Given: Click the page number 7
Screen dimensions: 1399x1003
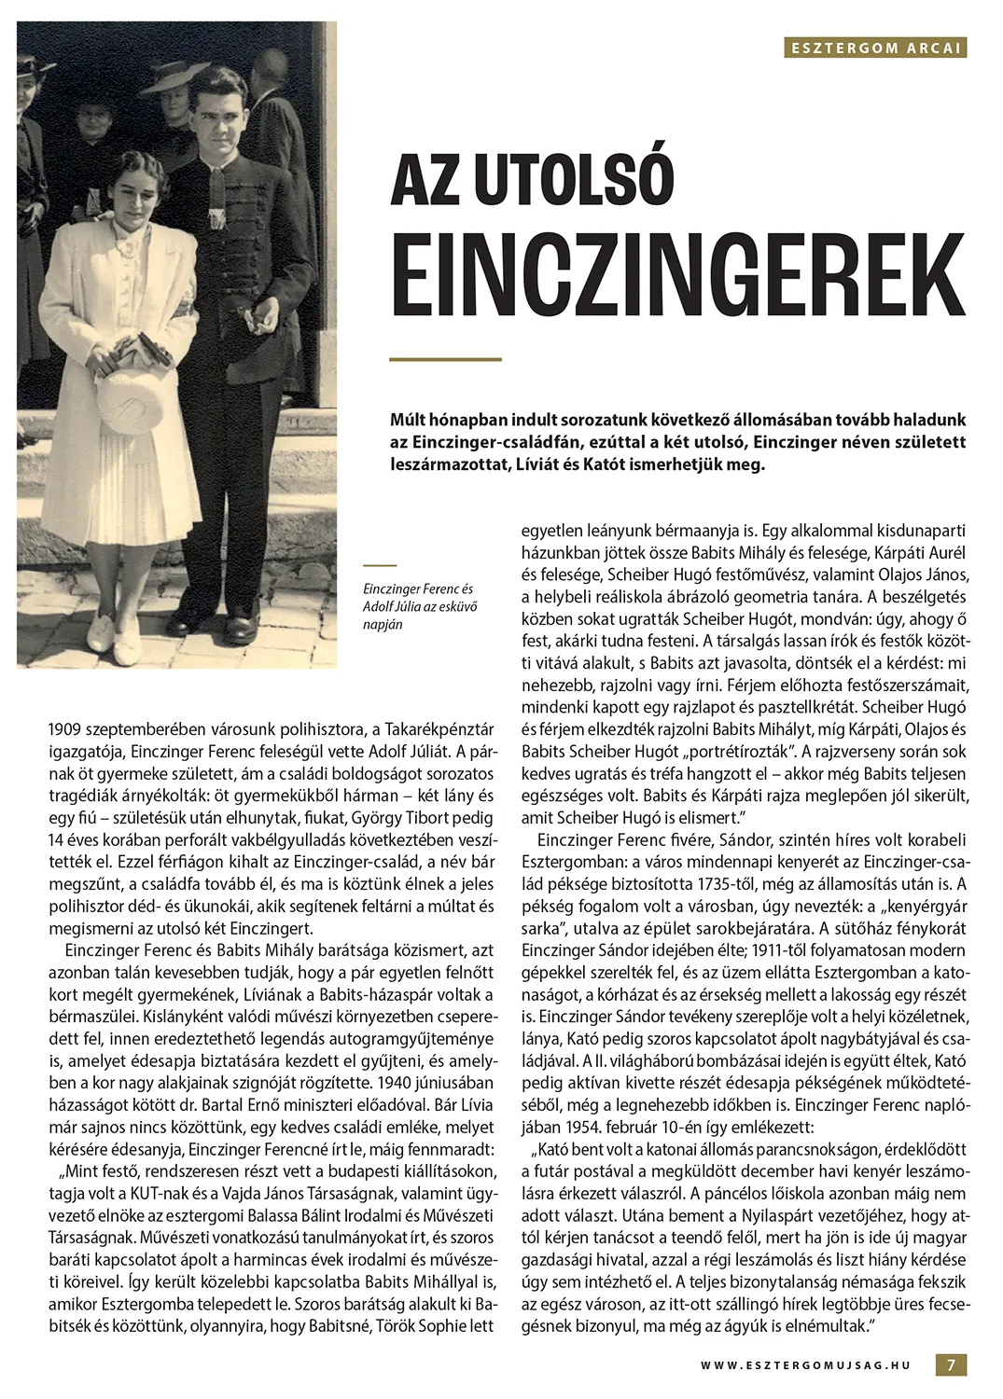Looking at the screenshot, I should [951, 1364].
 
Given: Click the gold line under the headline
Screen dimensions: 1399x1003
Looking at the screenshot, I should [445, 359].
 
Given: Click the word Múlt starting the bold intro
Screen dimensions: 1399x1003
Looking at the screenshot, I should [410, 421].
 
